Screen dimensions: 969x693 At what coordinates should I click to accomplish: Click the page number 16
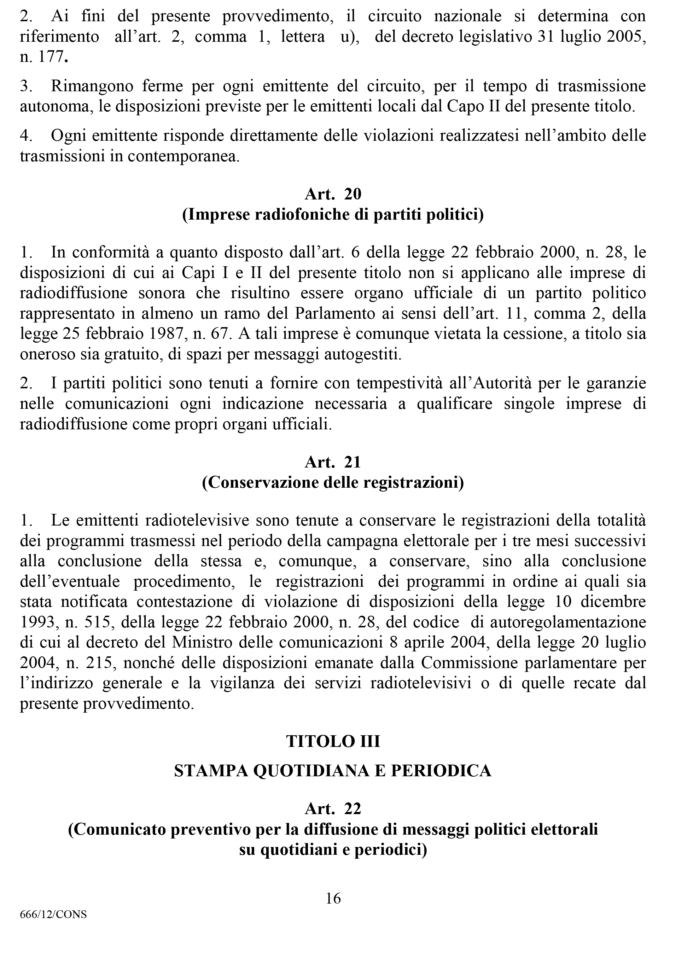pyautogui.click(x=333, y=899)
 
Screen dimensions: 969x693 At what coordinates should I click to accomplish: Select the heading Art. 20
pyautogui.click(x=333, y=194)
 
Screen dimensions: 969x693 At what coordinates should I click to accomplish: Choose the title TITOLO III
pyautogui.click(x=333, y=741)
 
